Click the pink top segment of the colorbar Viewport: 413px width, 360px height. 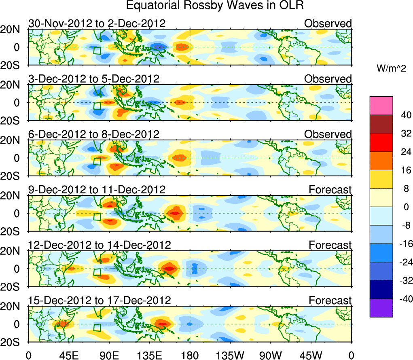tap(381, 106)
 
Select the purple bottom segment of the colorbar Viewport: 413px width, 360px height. tap(381, 308)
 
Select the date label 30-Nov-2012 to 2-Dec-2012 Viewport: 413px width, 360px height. tap(97, 23)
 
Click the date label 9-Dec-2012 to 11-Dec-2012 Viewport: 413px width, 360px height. tap(97, 189)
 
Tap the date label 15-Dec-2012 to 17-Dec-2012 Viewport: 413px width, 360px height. tap(100, 300)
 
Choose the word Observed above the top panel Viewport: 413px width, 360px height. tap(328, 23)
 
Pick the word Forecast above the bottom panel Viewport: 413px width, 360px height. tap(330, 300)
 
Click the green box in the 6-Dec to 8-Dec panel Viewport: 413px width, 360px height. tap(97, 161)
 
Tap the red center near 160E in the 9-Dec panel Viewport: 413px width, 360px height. tap(175, 213)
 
